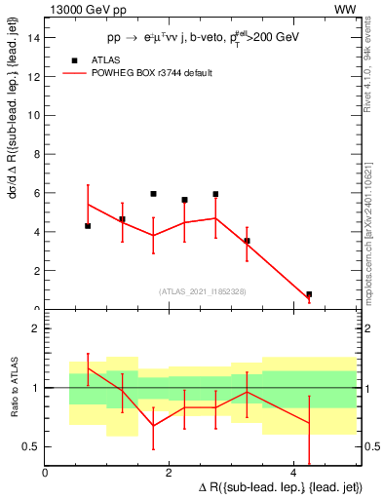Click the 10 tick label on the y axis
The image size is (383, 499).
[x=34, y=115]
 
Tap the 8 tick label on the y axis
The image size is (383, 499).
[x=36, y=154]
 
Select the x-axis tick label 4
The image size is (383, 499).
[x=293, y=473]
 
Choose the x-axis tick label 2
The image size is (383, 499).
[x=170, y=473]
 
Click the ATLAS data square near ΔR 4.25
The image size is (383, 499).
[x=309, y=294]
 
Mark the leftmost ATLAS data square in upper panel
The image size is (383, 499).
[x=88, y=226]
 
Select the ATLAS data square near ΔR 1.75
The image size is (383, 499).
[x=153, y=194]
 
